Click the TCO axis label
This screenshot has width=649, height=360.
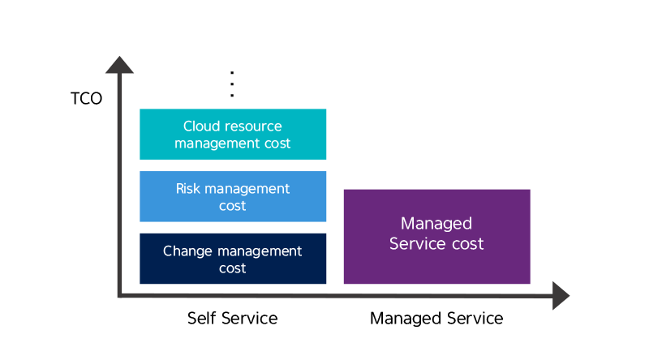coord(86,98)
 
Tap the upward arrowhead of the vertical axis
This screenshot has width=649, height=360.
coord(119,65)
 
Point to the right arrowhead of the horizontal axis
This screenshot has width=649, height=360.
coord(561,295)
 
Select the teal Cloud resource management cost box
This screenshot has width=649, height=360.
coord(233,134)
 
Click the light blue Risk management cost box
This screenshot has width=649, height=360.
coord(233,196)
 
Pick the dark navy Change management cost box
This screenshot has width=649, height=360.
coord(233,259)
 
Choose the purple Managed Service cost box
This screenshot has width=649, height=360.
coord(436,237)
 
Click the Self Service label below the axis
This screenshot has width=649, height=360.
coord(232,318)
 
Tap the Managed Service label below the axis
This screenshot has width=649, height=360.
coord(436,318)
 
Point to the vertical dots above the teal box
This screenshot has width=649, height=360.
coord(232,84)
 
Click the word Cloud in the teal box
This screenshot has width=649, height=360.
coord(197,126)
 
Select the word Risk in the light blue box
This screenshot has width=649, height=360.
coord(188,189)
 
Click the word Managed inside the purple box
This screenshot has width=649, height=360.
coord(436,224)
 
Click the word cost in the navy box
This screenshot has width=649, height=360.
coord(232,268)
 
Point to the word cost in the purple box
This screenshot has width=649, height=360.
coord(468,244)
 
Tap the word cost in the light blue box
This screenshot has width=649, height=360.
coord(232,206)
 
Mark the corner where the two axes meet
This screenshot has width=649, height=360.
coord(119,295)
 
